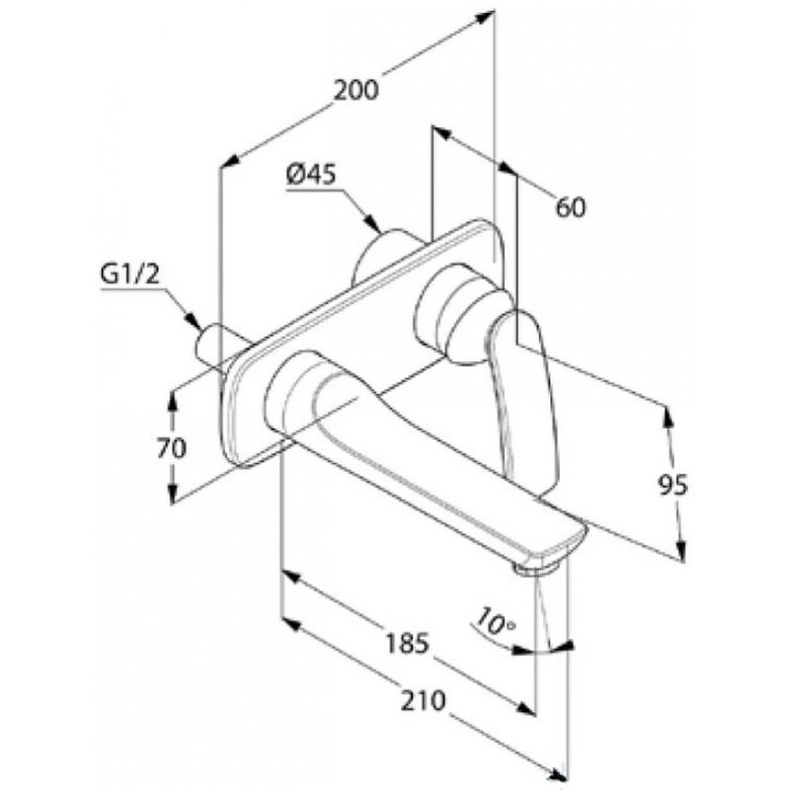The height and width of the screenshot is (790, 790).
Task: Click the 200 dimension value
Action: tap(355, 91)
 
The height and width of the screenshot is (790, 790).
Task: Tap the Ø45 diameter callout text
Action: tap(311, 175)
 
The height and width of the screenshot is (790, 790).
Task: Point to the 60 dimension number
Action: tap(571, 207)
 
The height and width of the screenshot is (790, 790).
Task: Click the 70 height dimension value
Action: tap(171, 448)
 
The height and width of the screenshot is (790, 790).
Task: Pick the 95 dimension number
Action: tap(672, 485)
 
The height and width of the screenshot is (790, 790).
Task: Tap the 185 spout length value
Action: tap(407, 643)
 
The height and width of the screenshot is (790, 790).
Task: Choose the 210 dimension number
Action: tap(424, 700)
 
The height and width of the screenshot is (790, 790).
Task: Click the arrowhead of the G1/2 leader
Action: tap(192, 321)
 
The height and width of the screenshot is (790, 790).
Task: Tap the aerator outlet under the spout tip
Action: tap(536, 570)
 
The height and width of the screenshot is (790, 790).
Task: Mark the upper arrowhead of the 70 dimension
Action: tap(173, 400)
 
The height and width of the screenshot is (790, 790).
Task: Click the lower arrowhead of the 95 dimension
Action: tap(680, 550)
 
